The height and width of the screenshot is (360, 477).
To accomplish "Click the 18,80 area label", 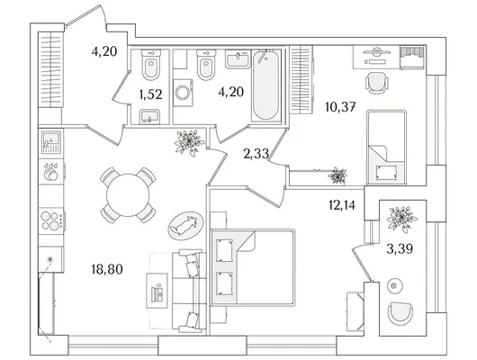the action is [107, 269].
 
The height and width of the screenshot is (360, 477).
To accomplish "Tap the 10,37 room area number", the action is [340, 107].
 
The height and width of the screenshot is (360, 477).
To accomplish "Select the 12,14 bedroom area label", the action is [342, 205].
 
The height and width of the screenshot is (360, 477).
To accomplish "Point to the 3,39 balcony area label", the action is [400, 249].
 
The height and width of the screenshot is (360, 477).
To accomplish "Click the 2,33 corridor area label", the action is [256, 154].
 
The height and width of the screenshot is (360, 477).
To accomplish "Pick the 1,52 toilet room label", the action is [150, 94].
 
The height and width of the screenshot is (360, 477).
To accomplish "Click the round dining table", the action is [128, 195].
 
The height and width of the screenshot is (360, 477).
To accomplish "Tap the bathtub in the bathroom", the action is [265, 85].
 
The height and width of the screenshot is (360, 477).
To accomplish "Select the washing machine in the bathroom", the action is [183, 93].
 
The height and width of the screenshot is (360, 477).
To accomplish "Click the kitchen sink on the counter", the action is [51, 142].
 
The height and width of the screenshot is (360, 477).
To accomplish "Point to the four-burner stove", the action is [52, 220].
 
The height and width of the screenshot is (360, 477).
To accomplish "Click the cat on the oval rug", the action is [184, 226].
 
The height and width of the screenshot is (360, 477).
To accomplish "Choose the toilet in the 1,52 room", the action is [151, 65].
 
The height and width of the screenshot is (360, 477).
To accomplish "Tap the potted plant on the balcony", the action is [402, 219].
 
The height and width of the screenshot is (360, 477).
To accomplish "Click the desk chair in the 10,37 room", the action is [376, 83].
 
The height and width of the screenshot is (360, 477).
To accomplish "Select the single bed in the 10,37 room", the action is [387, 148].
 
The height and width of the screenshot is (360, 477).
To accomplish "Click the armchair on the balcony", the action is [400, 312].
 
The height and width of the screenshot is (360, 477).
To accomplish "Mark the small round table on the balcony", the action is [395, 285].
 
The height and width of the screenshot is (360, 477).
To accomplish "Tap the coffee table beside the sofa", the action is [157, 291].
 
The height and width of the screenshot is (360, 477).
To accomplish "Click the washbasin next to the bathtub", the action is [238, 59].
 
